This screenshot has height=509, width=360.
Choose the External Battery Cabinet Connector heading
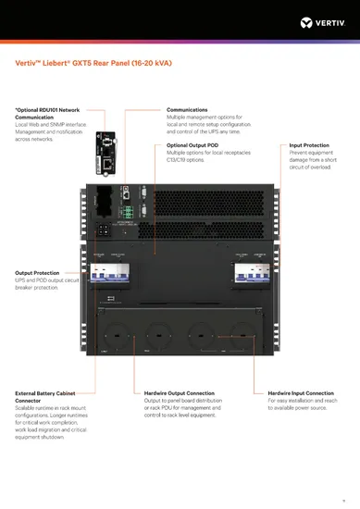tap(46, 397)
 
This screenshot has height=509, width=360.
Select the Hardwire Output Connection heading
tap(180, 393)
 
